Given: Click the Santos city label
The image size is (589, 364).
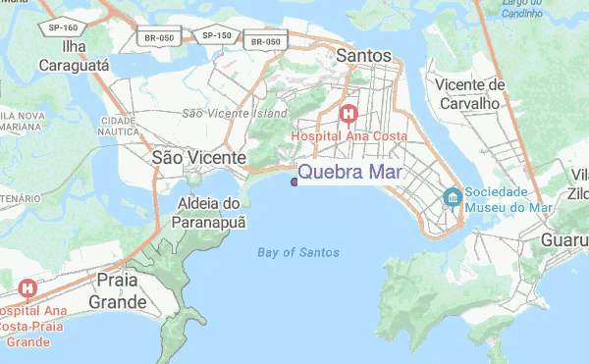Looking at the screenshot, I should [363, 56].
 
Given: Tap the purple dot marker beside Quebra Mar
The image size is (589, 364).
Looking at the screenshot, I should [294, 181].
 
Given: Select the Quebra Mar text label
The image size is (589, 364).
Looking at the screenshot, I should [348, 174].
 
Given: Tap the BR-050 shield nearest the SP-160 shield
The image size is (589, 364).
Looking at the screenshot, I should [159, 37].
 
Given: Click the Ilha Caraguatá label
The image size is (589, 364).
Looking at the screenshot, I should [72, 56].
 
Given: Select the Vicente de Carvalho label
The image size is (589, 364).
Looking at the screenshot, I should [472, 95].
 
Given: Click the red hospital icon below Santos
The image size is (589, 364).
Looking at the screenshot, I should [348, 114].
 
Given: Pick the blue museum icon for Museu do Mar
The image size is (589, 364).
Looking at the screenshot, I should [452, 197].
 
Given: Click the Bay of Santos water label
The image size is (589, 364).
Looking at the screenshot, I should [298, 252].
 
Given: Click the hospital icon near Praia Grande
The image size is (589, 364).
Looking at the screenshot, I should [27, 289].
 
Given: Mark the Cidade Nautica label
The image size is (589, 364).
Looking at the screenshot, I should [118, 127].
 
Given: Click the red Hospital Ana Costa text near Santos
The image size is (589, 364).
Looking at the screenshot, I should [347, 137].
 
